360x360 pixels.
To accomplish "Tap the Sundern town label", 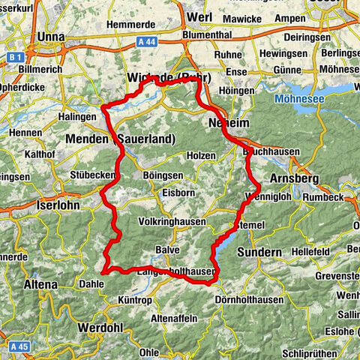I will (259, 253).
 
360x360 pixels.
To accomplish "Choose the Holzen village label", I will (201, 155).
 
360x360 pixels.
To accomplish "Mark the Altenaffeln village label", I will (174, 318).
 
